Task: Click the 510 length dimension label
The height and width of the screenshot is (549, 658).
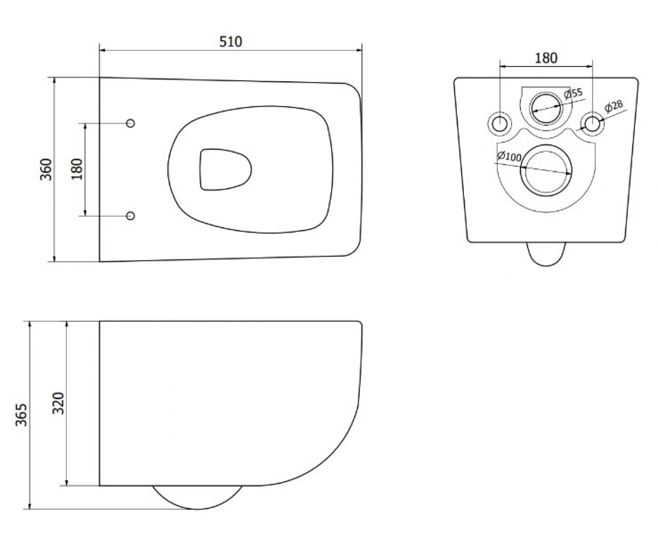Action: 231,42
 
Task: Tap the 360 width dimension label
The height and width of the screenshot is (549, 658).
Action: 46,170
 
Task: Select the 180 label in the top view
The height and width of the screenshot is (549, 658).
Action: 77,170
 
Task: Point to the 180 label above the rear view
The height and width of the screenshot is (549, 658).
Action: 546,58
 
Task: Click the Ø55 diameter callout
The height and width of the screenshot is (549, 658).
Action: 573,94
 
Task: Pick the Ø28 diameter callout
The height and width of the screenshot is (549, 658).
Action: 614,106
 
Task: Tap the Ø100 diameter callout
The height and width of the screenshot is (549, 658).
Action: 509,156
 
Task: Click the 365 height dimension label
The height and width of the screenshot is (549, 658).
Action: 21,414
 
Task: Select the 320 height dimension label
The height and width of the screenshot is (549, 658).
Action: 58,403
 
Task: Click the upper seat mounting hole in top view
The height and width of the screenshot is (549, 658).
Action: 131,123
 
